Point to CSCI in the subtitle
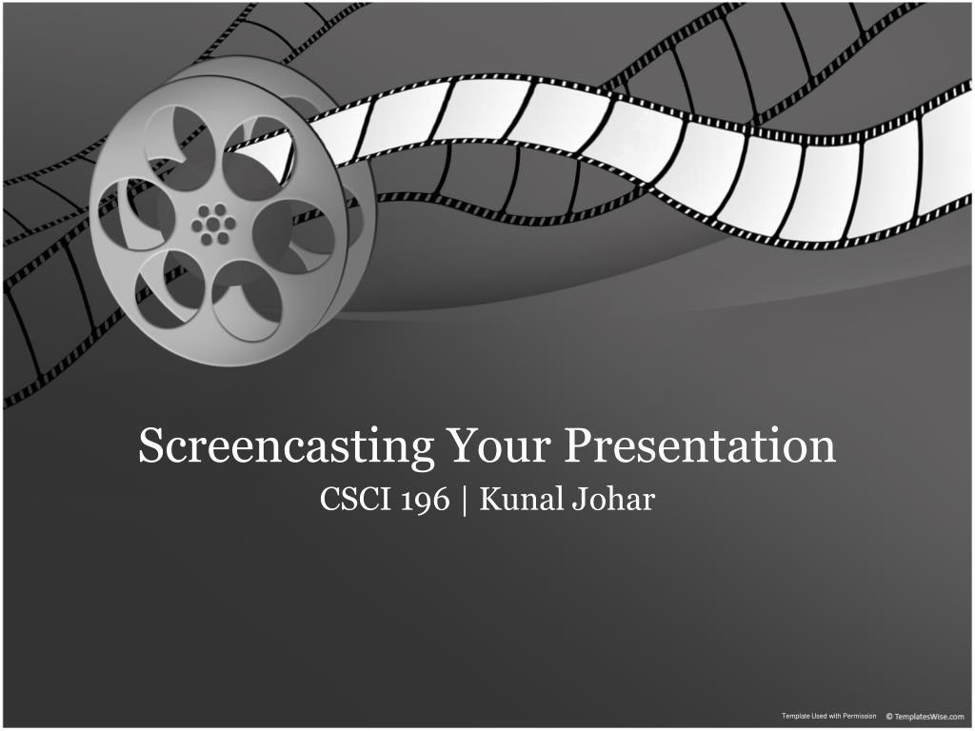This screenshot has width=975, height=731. tap(350, 499)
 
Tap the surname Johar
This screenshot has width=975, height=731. tap(613, 499)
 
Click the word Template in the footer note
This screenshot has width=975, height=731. tap(796, 716)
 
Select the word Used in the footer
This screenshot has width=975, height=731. tap(820, 716)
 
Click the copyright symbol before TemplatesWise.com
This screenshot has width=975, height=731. tap(889, 716)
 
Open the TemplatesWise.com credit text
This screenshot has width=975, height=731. tap(929, 716)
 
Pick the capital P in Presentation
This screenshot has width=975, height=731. tap(577, 446)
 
